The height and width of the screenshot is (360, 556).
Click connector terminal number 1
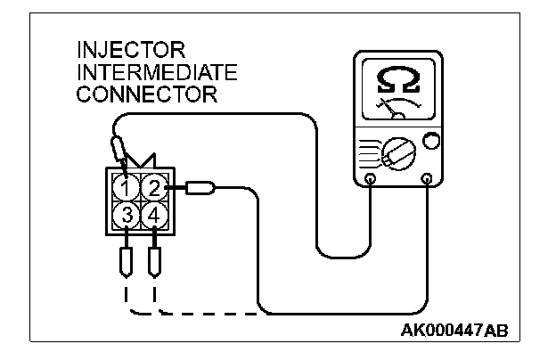pos(128,188)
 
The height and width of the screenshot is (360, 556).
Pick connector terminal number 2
pos(154,188)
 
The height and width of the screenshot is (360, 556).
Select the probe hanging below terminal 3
pos(126,261)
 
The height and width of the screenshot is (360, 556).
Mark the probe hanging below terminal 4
pos(155,261)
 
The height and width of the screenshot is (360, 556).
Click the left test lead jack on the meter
pos(371,179)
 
